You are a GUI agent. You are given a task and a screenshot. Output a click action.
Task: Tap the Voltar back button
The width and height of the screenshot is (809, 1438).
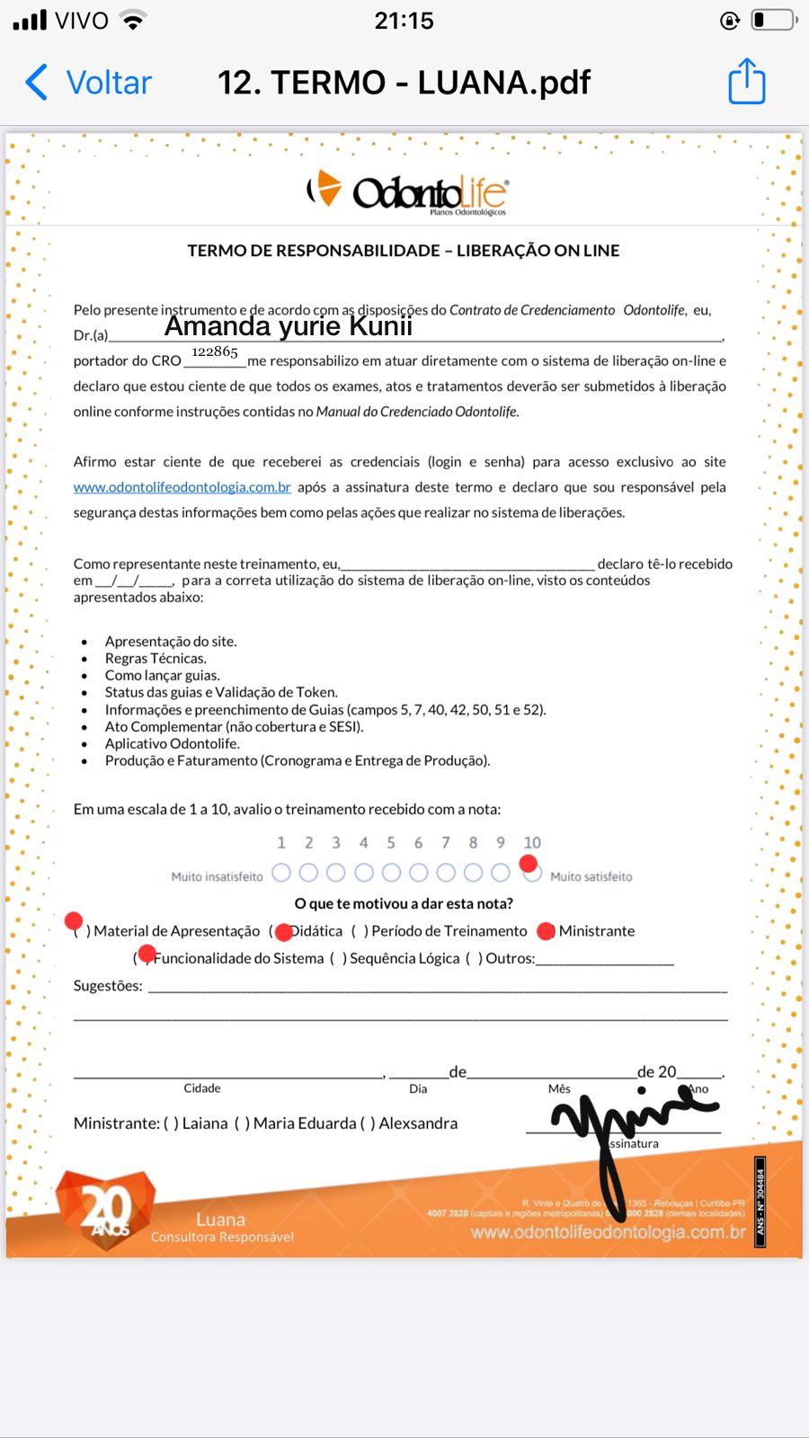88,83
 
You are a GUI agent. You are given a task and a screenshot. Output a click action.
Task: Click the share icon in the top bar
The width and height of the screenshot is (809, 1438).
746,82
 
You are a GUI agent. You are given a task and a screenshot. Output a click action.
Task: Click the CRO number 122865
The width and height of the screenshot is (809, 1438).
215,351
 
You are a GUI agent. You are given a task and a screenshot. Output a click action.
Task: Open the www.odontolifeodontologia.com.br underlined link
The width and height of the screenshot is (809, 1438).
182,487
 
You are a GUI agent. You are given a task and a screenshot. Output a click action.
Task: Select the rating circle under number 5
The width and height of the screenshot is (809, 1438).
391,872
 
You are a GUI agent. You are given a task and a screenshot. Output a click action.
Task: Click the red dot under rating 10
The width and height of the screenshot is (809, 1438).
529,864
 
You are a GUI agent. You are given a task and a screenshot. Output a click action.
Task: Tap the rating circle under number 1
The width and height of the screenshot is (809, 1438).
281,872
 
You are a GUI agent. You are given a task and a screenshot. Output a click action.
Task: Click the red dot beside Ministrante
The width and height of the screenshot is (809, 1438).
546,931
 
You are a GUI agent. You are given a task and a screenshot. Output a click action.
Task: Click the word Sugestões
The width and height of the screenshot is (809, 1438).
108,986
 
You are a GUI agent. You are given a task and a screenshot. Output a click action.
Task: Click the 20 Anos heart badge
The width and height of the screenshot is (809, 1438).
105,1209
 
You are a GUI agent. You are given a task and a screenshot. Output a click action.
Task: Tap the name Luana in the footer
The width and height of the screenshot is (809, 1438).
220,1220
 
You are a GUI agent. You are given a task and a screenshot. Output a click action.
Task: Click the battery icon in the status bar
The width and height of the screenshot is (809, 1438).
773,20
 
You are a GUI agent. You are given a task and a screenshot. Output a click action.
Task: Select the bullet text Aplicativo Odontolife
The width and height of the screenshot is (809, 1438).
173,743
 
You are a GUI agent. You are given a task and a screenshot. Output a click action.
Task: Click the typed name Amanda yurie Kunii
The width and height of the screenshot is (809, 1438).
288,326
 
